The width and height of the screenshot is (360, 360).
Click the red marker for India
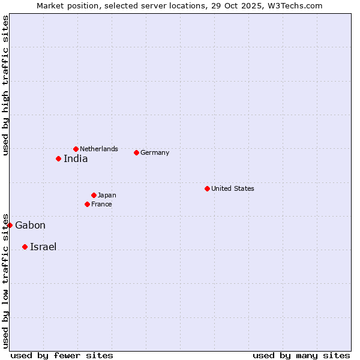tap(58, 158)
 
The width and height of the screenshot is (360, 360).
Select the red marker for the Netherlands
tap(76, 149)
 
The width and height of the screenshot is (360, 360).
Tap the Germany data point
tap(136, 152)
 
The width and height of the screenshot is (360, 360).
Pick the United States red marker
tap(207, 188)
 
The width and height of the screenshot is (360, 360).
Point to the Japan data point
tap(94, 195)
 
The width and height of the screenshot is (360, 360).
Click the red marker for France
tap(87, 204)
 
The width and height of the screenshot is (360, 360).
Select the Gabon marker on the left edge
tap(10, 225)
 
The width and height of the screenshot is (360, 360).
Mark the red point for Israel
tap(25, 247)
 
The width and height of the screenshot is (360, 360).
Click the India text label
tap(76, 159)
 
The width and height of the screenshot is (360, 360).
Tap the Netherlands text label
tap(99, 149)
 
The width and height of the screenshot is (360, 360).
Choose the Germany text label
tap(155, 152)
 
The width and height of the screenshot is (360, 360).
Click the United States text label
tap(233, 188)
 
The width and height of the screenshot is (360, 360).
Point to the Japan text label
tap(107, 195)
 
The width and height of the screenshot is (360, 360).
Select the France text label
tap(101, 204)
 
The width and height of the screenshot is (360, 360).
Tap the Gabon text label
tap(30, 226)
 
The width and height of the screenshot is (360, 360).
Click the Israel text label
tap(43, 247)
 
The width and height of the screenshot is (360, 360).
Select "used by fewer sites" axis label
tap(62, 355)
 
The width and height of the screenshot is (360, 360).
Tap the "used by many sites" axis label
tap(301, 355)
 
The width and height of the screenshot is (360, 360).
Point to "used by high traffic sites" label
tap(5, 85)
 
